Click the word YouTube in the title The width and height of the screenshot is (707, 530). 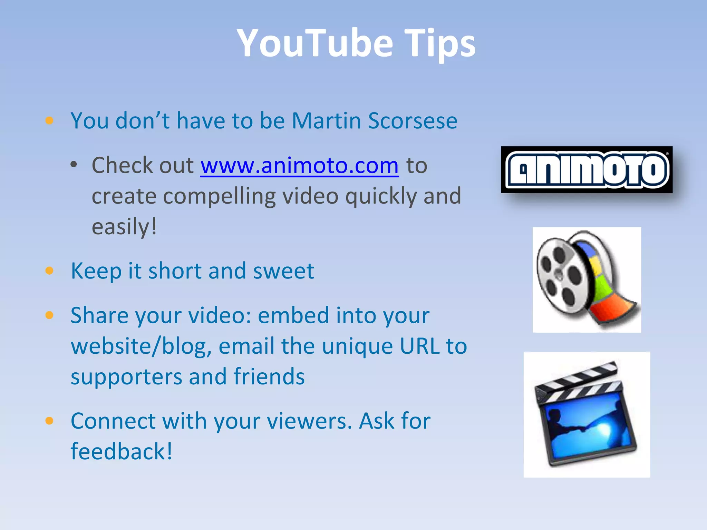tap(315, 43)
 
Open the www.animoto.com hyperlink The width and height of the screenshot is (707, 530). tap(299, 165)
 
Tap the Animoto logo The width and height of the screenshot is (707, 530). tap(587, 169)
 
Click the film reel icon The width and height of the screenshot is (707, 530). tap(587, 279)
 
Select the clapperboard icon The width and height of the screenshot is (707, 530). tap(587, 414)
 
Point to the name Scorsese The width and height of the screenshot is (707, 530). tap(413, 121)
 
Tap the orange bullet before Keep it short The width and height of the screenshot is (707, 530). tap(49, 271)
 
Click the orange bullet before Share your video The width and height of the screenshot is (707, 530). tap(49, 315)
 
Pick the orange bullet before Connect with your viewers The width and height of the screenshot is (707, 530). tap(49, 421)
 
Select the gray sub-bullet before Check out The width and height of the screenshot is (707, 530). tap(74, 165)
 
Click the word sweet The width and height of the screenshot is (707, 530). tap(283, 271)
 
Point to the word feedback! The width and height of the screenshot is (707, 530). tap(121, 451)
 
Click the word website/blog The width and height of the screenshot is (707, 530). tap(141, 346)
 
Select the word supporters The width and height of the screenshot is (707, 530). tap(126, 377)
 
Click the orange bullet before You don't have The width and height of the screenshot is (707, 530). tap(49, 120)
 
